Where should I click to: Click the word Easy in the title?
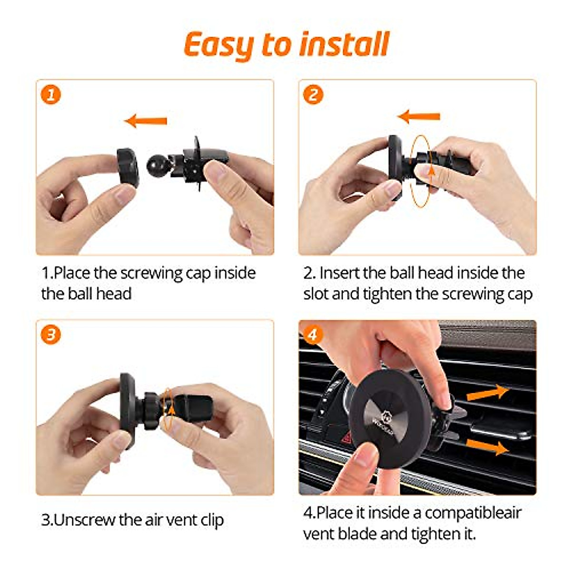click(219, 46)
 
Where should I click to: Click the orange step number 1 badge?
click(50, 95)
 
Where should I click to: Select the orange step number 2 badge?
click(313, 95)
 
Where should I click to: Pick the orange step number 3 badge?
click(50, 335)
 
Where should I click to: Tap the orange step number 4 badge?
click(313, 335)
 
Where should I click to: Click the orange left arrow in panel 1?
click(146, 120)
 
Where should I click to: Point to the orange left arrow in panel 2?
click(419, 117)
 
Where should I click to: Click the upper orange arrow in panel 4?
click(488, 393)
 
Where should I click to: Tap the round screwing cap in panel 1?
click(128, 167)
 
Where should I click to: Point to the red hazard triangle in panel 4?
click(347, 438)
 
